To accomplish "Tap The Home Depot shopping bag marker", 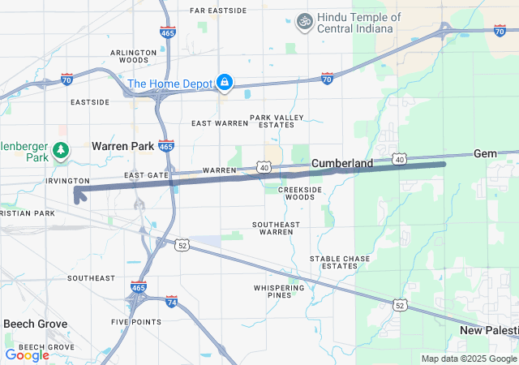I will click(x=224, y=83).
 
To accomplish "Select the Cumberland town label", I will click(x=342, y=163).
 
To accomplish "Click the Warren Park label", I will click(x=122, y=146).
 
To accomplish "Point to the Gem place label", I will click(x=484, y=153).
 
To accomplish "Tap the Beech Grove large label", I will click(x=35, y=324).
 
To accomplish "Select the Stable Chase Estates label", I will click(x=340, y=262).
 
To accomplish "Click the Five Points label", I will click(x=135, y=321).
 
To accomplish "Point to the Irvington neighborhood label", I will click(x=67, y=180).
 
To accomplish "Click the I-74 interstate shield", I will click(x=171, y=302).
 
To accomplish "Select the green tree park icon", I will click(x=60, y=150).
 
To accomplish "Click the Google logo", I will click(x=27, y=354).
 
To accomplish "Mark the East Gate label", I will click(x=147, y=175).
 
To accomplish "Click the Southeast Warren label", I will click(x=277, y=228).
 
